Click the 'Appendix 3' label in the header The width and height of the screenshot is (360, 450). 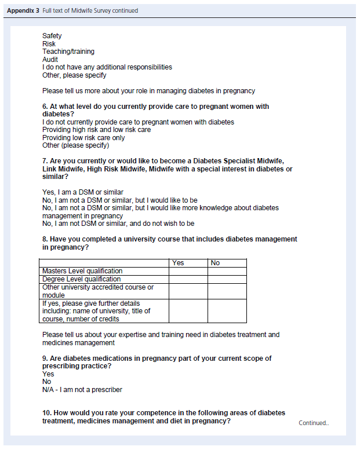pos(23,10)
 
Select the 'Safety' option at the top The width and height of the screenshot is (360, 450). pos(52,36)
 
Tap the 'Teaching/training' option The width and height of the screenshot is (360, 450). pos(68,52)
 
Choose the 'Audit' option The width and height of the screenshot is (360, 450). pos(50,60)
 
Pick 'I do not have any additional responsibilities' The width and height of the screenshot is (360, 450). pos(107,67)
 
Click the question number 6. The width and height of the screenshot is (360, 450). pos(45,107)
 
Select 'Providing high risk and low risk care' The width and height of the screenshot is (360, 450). pos(96,130)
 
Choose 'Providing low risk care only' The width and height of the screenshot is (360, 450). pos(83,138)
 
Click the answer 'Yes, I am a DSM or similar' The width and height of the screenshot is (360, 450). pos(82,192)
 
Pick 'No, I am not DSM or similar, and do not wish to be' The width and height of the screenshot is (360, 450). pos(118,224)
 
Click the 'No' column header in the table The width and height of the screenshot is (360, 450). pos(215,263)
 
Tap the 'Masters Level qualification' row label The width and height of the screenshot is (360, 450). pos(82,271)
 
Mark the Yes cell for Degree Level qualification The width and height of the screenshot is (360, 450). pos(188,279)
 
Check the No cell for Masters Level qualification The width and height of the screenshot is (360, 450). pos(227,271)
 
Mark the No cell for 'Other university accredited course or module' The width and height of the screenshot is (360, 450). pos(227,291)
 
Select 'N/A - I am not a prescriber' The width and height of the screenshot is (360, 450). pos(82,390)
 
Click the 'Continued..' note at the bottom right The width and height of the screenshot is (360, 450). pos(313,423)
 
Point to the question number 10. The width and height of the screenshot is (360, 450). pos(47,413)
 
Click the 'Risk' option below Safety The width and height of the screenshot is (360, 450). pos(49,44)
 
